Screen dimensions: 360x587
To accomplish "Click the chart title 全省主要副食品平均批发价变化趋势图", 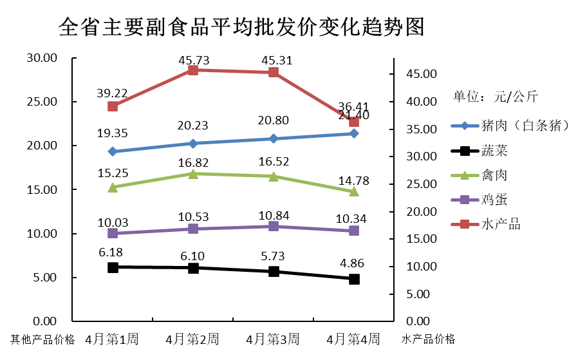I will point(241,28).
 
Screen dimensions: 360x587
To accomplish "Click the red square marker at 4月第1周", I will point(113,106).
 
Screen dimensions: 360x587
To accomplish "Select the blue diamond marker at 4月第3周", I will point(274,138).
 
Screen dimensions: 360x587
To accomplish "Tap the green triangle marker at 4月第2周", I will point(193,173).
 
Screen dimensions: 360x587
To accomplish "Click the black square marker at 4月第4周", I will point(354,279).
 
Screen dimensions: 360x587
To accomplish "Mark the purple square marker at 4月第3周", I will point(274,226).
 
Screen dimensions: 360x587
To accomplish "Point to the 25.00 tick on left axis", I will point(42,102).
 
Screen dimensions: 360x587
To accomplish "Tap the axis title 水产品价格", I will point(428,339).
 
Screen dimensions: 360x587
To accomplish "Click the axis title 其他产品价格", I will point(42,339).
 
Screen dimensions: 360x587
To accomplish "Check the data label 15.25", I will point(113,173).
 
